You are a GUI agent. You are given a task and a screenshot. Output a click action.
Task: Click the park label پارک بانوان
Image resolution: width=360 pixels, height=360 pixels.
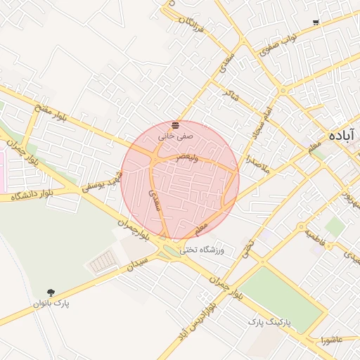pyautogui.click(x=52, y=304)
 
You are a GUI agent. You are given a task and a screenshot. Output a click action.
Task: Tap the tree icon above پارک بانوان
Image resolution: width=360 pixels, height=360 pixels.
pyautogui.click(x=51, y=291)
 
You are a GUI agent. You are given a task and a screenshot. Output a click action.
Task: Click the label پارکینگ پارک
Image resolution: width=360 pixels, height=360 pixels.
pyautogui.click(x=268, y=322)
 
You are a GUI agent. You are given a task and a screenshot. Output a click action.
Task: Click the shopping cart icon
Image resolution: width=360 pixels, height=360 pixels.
pyautogui.click(x=316, y=22)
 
